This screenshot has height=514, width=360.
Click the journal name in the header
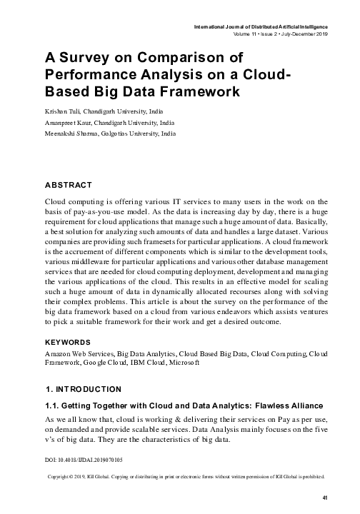click(261, 26)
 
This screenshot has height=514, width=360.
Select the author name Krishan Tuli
click(63, 112)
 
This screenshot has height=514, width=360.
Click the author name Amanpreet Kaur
click(69, 123)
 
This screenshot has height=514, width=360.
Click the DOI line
click(84, 460)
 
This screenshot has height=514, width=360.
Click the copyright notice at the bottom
click(186, 475)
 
